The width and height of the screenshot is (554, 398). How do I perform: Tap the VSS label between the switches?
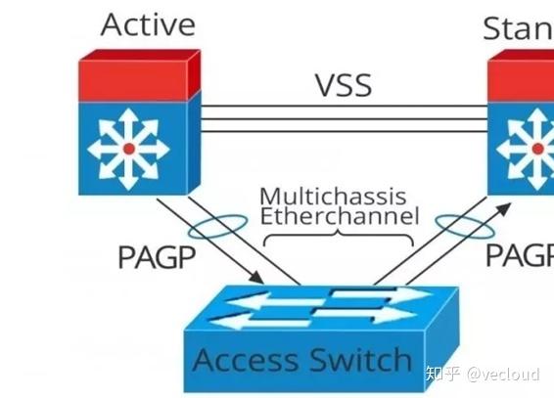coord(343,84)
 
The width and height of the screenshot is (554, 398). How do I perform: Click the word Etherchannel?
coord(339,216)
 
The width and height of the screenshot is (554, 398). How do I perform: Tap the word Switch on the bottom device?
coord(357,361)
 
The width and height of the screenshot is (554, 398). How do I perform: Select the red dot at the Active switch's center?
coord(128,149)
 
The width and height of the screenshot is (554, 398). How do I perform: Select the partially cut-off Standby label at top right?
coord(518,27)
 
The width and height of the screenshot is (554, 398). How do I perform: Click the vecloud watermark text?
coord(503,375)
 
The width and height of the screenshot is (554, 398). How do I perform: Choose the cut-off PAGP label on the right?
coord(520,257)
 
